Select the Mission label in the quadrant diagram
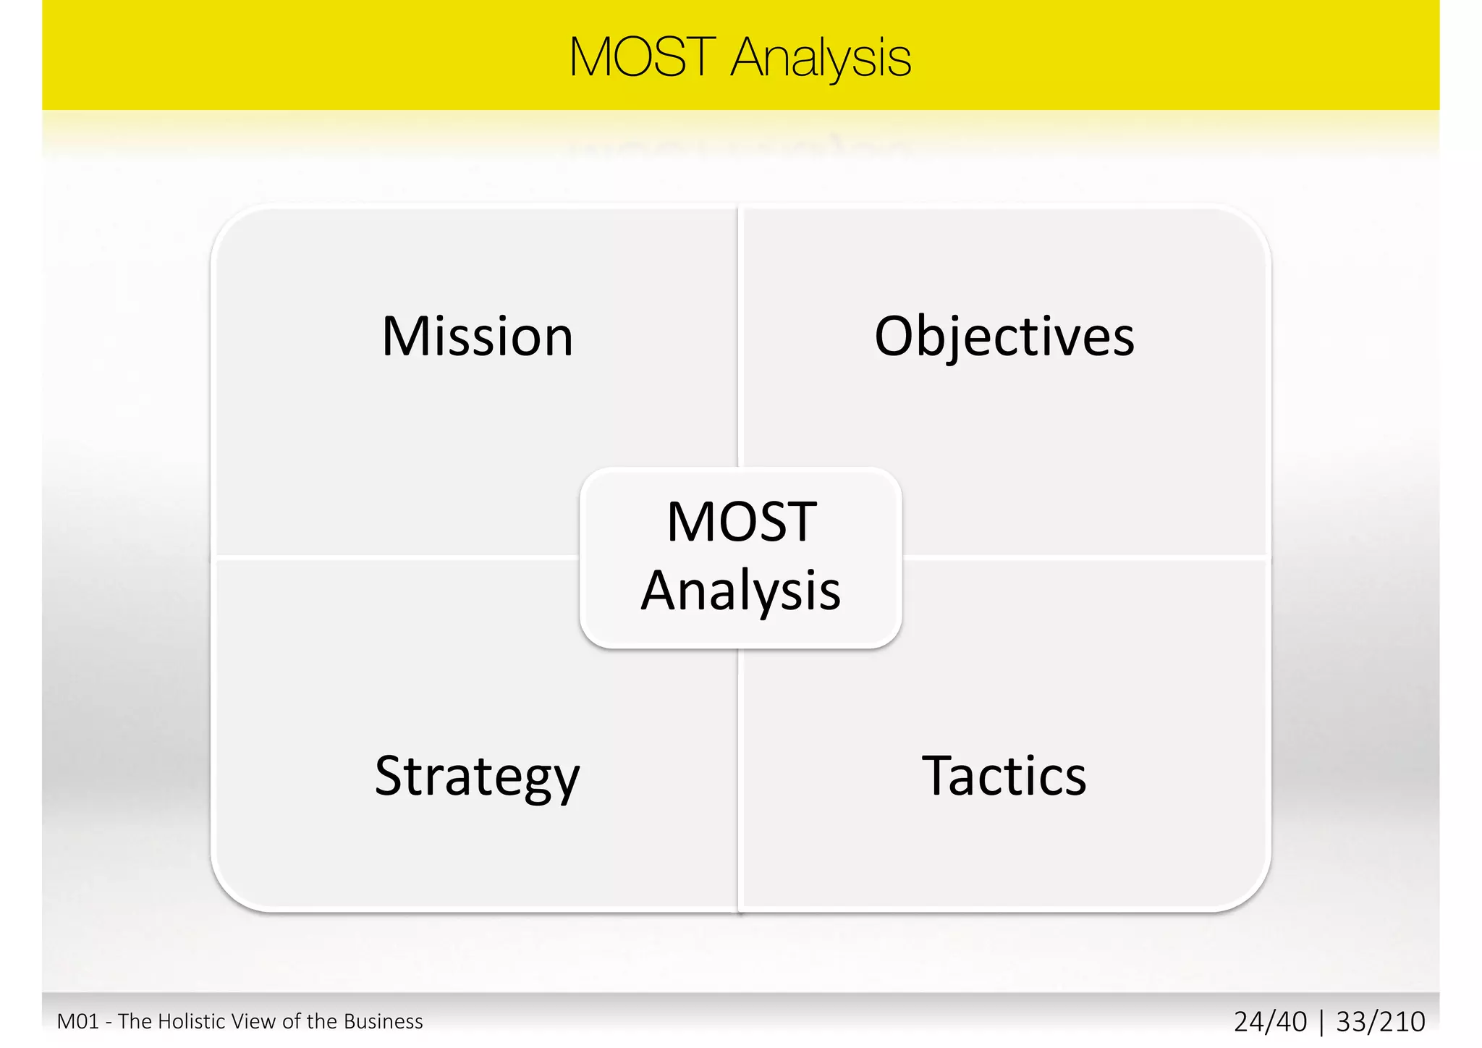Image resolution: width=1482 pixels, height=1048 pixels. [x=478, y=337]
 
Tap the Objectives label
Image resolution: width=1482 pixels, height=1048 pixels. [x=1004, y=337]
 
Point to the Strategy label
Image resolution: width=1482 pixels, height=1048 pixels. [x=478, y=777]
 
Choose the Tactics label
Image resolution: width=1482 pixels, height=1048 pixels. [x=1004, y=776]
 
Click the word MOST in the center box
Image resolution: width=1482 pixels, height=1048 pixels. [x=741, y=522]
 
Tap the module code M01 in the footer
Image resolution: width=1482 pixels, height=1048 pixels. [x=77, y=1021]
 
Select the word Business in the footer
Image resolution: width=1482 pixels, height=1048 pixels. [x=383, y=1021]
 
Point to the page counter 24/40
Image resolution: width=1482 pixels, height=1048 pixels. [x=1270, y=1022]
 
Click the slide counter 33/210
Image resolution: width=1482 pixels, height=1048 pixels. [x=1381, y=1022]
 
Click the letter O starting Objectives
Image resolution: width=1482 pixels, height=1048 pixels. [x=897, y=337]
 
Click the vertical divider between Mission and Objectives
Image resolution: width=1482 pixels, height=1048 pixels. [x=740, y=333]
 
